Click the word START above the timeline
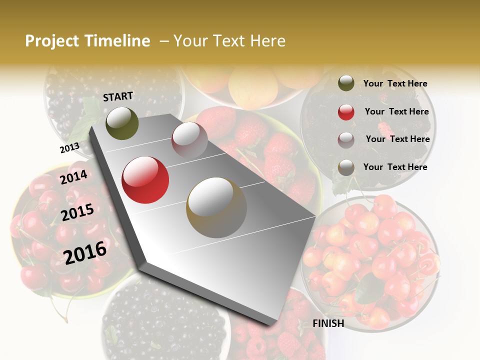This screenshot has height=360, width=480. (x=118, y=96)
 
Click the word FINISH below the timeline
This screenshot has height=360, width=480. (x=328, y=323)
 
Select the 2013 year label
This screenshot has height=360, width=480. (x=69, y=148)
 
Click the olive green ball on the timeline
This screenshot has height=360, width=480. (x=122, y=123)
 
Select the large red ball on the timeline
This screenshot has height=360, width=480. (x=145, y=180)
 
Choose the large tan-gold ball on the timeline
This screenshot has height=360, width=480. (x=216, y=207)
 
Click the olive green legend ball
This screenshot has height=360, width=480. (x=346, y=83)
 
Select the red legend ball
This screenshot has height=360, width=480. (x=346, y=112)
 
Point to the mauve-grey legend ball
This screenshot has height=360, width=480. (x=346, y=140)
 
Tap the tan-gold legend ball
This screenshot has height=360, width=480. (x=346, y=168)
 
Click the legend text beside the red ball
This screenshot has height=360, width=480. (x=397, y=111)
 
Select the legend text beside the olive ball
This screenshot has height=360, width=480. (x=395, y=83)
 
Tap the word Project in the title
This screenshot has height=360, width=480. (x=52, y=41)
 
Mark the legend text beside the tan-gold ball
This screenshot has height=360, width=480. (x=395, y=167)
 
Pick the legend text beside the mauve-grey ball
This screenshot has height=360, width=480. (x=398, y=139)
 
